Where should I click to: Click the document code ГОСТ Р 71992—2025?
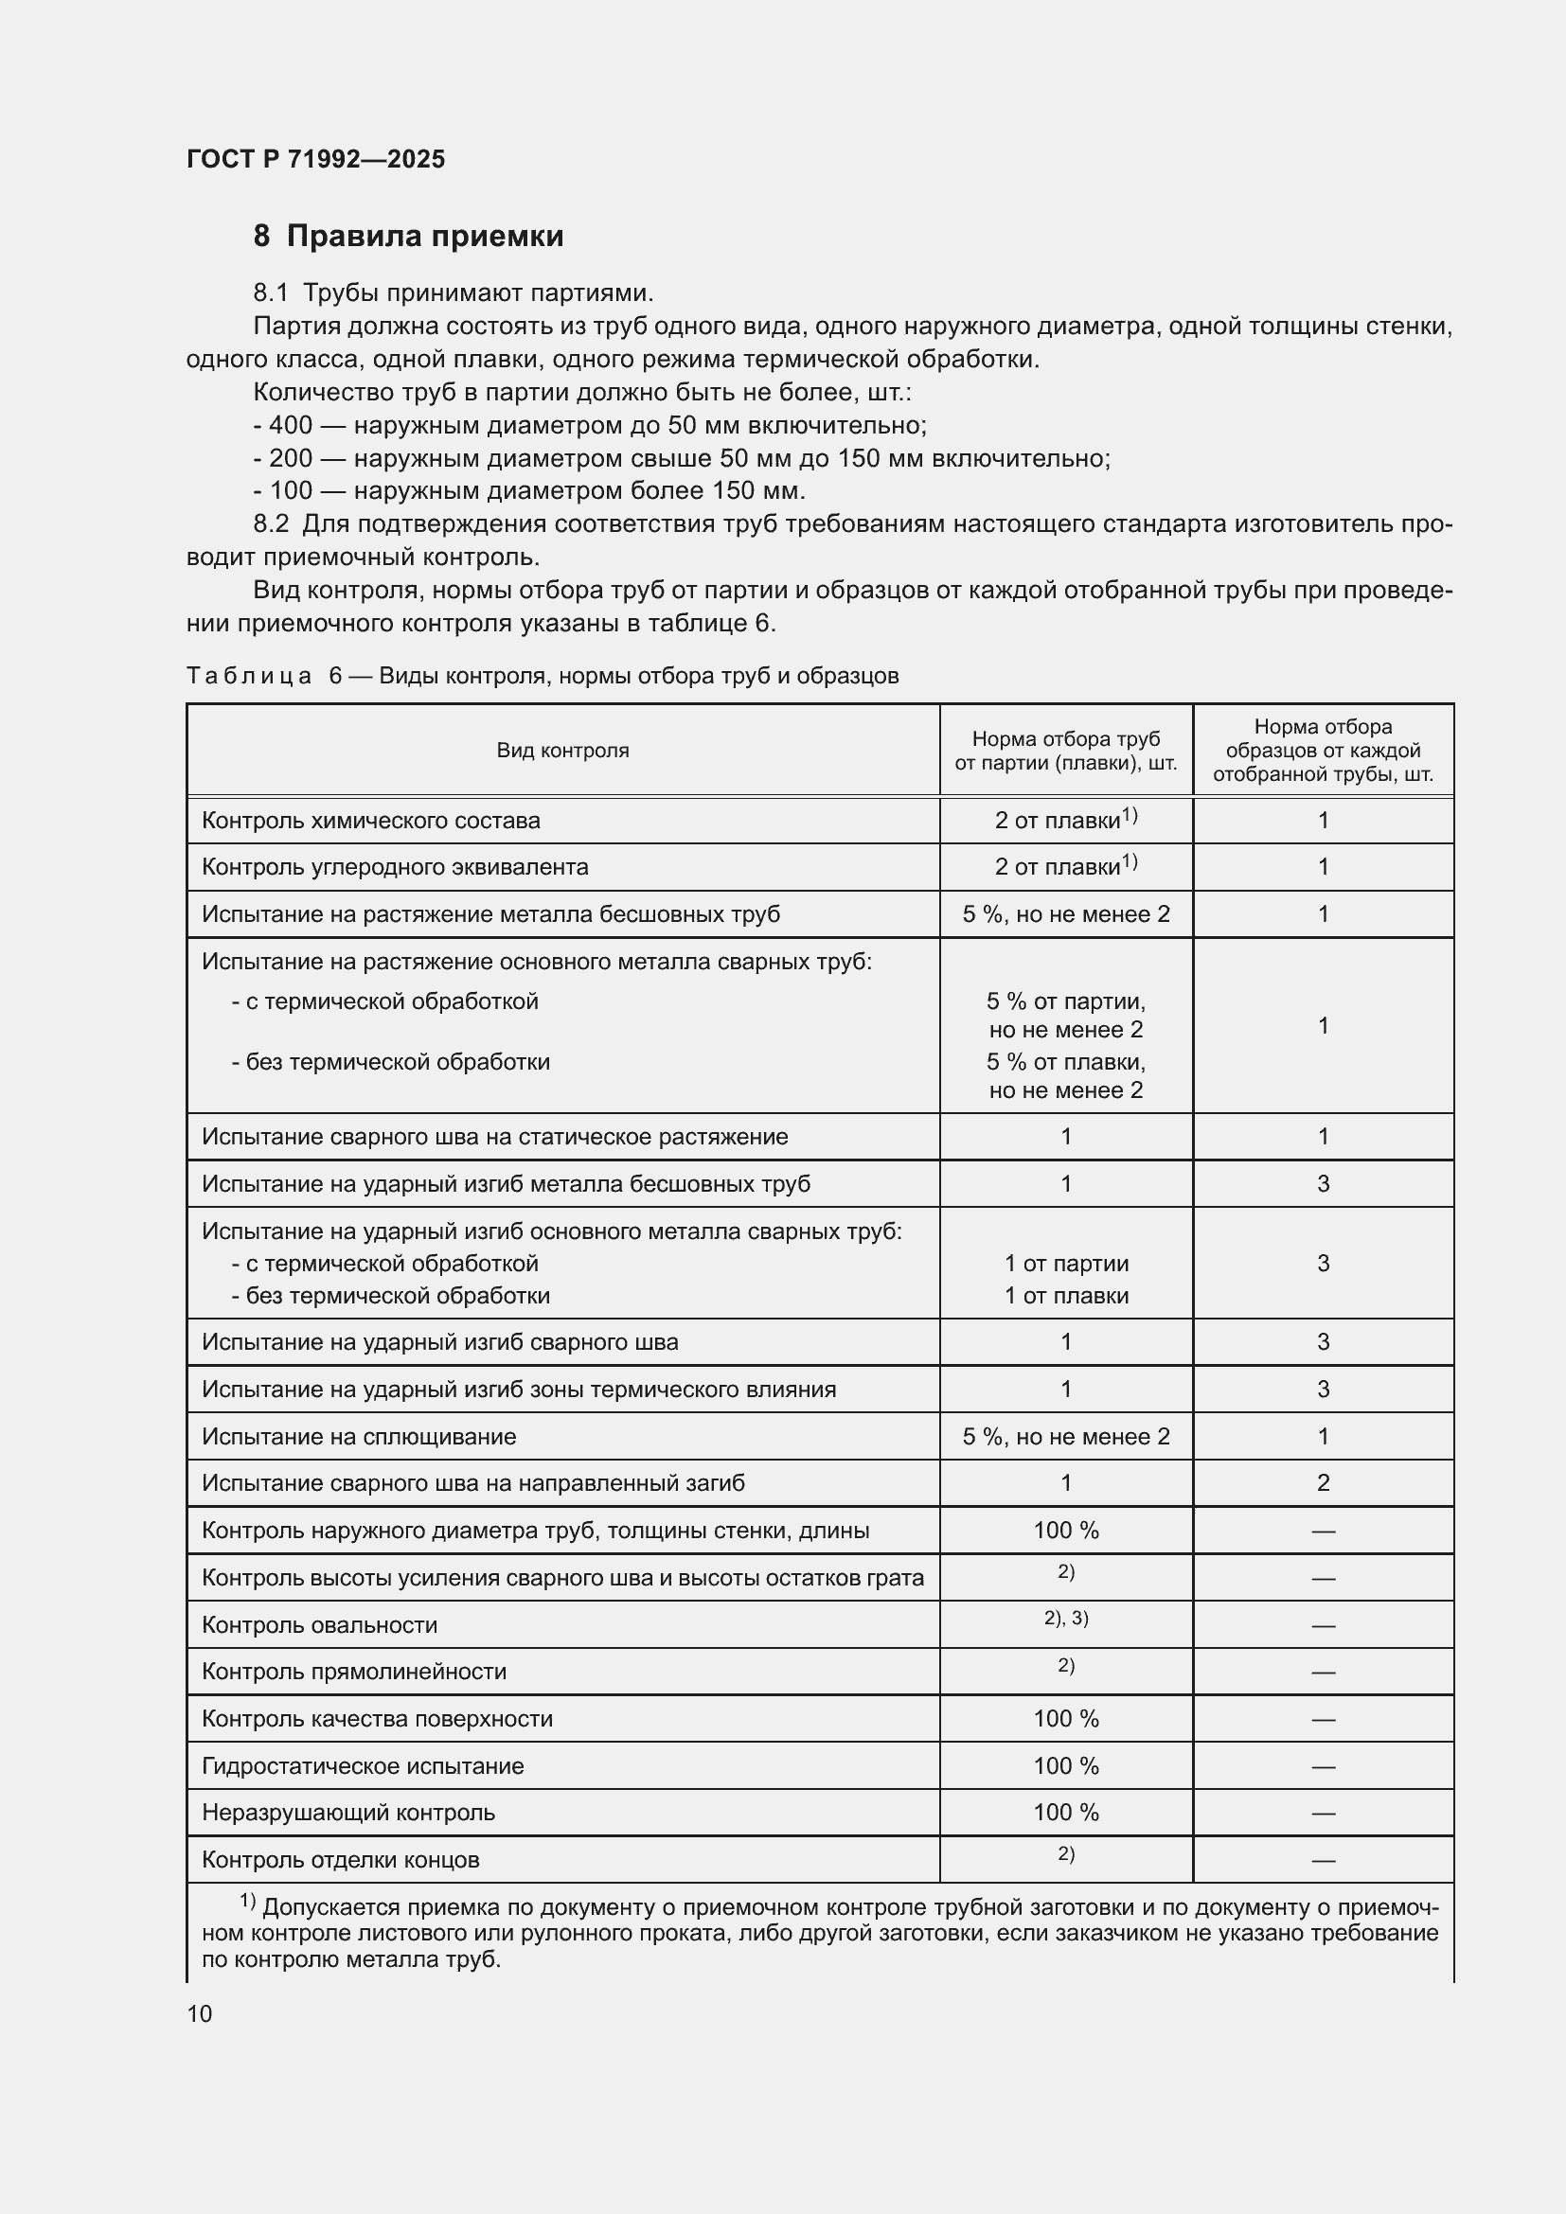[x=315, y=159]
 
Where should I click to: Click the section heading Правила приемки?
[x=424, y=237]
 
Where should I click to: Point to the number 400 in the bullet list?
[x=291, y=425]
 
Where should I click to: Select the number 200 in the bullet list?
[x=291, y=458]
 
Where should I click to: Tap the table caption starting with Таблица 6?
[x=542, y=676]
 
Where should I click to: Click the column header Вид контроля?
[x=562, y=751]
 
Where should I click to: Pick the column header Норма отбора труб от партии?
[x=1065, y=752]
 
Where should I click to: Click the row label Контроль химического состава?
[x=370, y=821]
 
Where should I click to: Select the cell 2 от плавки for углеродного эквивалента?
[x=1064, y=866]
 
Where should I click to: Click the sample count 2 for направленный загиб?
[x=1323, y=1483]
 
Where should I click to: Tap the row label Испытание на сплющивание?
[x=359, y=1437]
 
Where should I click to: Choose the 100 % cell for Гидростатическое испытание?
[x=1065, y=1765]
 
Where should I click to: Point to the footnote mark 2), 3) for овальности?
[x=1065, y=1618]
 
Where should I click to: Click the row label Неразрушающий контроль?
[x=348, y=1813]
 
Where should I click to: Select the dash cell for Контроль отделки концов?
[x=1323, y=1860]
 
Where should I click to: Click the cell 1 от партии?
[x=1065, y=1264]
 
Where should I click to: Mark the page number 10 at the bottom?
[x=200, y=2013]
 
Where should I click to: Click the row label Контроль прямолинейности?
[x=354, y=1671]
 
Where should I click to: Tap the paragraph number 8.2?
[x=271, y=524]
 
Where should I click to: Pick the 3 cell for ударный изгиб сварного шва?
[x=1323, y=1342]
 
